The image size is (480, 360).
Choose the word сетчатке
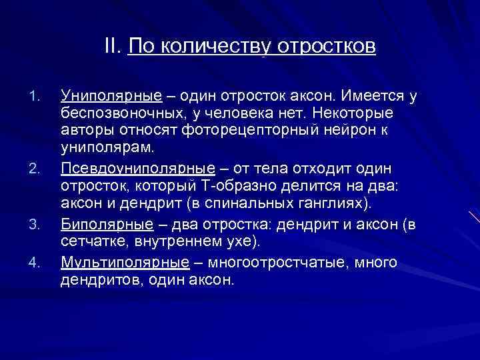coord(90,241)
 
